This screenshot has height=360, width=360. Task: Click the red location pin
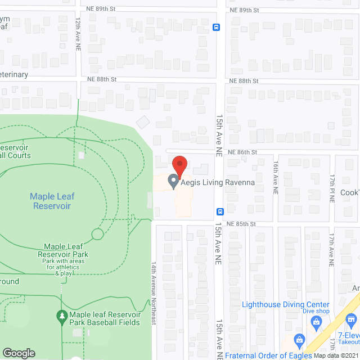(179, 165)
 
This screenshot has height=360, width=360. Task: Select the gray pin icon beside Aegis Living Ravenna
(173, 182)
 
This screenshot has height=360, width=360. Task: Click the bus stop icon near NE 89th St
(216, 27)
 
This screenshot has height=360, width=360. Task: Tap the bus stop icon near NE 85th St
(220, 212)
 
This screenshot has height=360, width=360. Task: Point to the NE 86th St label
(242, 152)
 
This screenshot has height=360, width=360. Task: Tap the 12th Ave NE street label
(78, 34)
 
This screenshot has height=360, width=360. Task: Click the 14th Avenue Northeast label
(152, 292)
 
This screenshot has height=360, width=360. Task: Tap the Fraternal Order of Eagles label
(268, 355)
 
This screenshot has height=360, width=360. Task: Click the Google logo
(19, 353)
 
